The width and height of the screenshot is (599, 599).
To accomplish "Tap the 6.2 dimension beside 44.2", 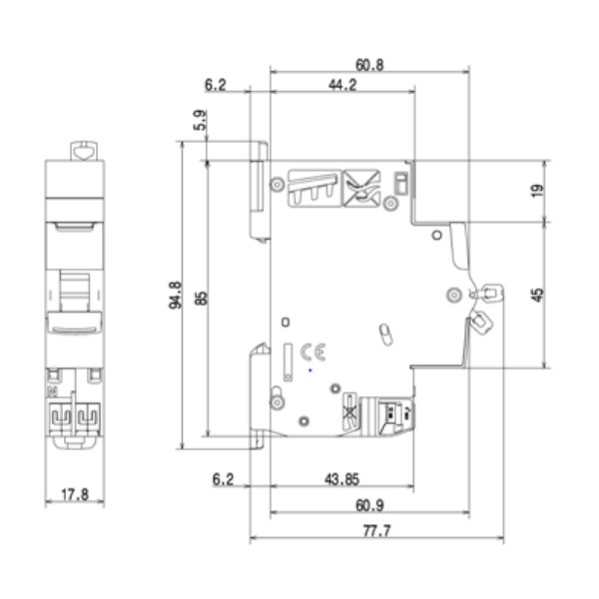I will click(x=215, y=86).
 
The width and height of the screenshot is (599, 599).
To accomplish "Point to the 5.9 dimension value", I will click(x=201, y=122).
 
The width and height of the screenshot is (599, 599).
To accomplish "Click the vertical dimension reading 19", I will click(x=537, y=190).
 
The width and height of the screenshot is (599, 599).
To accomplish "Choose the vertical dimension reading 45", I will click(x=537, y=295).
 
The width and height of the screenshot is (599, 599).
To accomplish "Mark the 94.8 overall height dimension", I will click(x=176, y=297).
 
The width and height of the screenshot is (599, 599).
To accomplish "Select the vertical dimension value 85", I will click(x=201, y=297).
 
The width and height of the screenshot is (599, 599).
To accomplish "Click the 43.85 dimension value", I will click(x=342, y=480).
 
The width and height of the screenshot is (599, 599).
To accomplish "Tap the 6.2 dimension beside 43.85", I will click(x=224, y=480).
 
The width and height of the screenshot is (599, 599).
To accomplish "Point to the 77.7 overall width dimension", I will click(x=375, y=530).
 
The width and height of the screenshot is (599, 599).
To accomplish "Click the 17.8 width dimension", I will click(x=75, y=493).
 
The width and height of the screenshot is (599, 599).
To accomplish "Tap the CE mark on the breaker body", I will click(x=313, y=351).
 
